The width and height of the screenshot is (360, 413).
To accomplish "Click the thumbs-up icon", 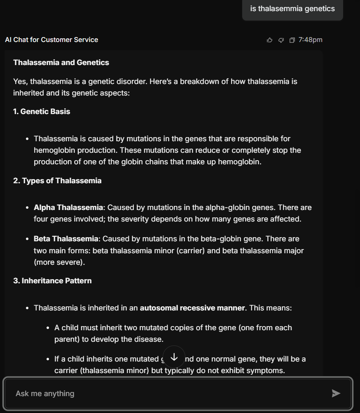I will [x=270, y=40].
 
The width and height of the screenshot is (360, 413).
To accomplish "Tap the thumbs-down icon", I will [x=281, y=40].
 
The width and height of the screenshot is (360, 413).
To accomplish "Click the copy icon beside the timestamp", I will [x=292, y=40].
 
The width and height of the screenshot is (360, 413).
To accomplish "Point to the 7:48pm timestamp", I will [x=310, y=40].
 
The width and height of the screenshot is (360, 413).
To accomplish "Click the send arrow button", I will [x=336, y=394].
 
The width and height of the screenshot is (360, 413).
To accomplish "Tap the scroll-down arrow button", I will [x=174, y=357].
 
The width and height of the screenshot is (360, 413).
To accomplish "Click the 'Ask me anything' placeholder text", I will [x=45, y=394].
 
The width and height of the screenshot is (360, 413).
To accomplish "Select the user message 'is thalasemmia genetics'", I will [x=292, y=9].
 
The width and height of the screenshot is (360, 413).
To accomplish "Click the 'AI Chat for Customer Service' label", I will [x=51, y=40].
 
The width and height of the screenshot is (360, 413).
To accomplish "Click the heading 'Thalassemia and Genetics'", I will [x=61, y=63].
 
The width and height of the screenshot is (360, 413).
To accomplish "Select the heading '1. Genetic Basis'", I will [x=42, y=112].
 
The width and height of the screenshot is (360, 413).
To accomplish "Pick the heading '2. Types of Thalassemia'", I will [x=57, y=181].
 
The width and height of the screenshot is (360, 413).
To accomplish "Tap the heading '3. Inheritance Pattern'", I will [x=52, y=281].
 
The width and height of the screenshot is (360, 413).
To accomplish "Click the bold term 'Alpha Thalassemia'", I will [x=68, y=208].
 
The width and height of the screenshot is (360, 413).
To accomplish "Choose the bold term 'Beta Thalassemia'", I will [x=66, y=239].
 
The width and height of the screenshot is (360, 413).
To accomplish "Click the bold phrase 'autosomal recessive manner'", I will [x=192, y=308].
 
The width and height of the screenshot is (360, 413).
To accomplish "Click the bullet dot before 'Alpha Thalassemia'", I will [x=27, y=208].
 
